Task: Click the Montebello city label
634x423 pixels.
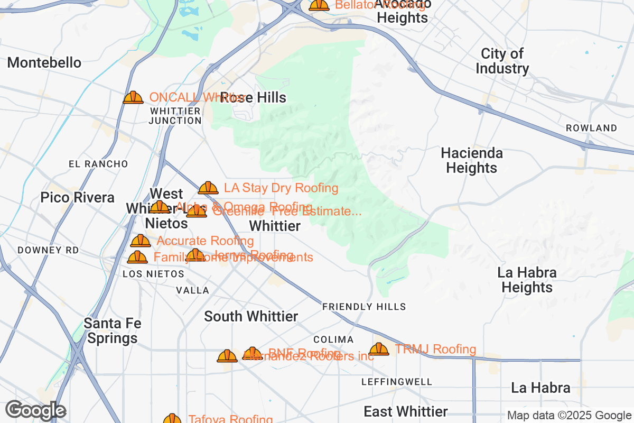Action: (x=44, y=62)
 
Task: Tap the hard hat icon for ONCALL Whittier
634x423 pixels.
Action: (x=133, y=97)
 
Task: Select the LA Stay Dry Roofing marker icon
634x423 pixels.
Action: (x=208, y=188)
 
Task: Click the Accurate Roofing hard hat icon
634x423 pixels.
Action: (x=141, y=241)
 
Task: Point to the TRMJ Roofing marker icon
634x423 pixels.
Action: (x=379, y=350)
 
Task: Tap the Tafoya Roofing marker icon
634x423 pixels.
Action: (x=172, y=419)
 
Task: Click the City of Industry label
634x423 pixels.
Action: (x=502, y=61)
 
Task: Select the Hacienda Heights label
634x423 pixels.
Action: (x=472, y=160)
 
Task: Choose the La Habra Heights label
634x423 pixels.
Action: (x=527, y=280)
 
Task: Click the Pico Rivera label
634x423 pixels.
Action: (x=78, y=197)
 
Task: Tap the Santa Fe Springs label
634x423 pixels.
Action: (x=112, y=330)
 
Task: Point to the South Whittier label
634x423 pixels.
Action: (x=251, y=316)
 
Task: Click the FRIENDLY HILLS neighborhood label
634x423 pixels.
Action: (x=364, y=307)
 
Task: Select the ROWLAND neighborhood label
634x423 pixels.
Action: (x=591, y=128)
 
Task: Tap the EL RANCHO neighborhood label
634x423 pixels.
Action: (x=98, y=164)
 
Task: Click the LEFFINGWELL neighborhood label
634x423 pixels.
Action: (x=397, y=381)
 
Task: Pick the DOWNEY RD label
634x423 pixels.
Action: (x=48, y=250)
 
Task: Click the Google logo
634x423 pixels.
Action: (x=36, y=410)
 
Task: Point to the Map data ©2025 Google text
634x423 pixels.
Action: (x=569, y=415)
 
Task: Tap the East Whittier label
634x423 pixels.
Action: (x=406, y=411)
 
